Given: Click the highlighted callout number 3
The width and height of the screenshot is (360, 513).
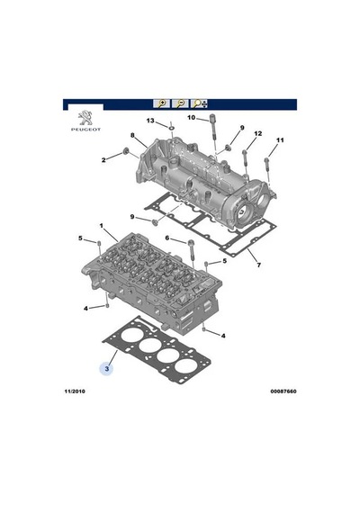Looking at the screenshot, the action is click(x=107, y=369).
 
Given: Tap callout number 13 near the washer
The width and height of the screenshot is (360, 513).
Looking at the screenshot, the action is click(x=150, y=121).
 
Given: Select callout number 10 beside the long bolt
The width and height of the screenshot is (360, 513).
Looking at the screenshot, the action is click(x=191, y=118).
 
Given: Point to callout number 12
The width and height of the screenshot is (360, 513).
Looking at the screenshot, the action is click(x=258, y=133).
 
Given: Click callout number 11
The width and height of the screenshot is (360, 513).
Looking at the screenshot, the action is click(x=280, y=140).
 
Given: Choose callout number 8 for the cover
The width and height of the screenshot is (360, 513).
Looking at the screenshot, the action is click(x=132, y=135).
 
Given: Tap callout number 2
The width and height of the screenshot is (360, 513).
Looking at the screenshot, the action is click(x=103, y=160).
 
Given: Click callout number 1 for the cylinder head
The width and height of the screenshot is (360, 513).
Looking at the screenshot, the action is click(x=102, y=226).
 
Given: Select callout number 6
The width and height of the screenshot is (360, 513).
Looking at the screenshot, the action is click(x=167, y=238).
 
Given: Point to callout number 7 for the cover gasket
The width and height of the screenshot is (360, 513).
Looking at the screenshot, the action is click(x=259, y=265).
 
